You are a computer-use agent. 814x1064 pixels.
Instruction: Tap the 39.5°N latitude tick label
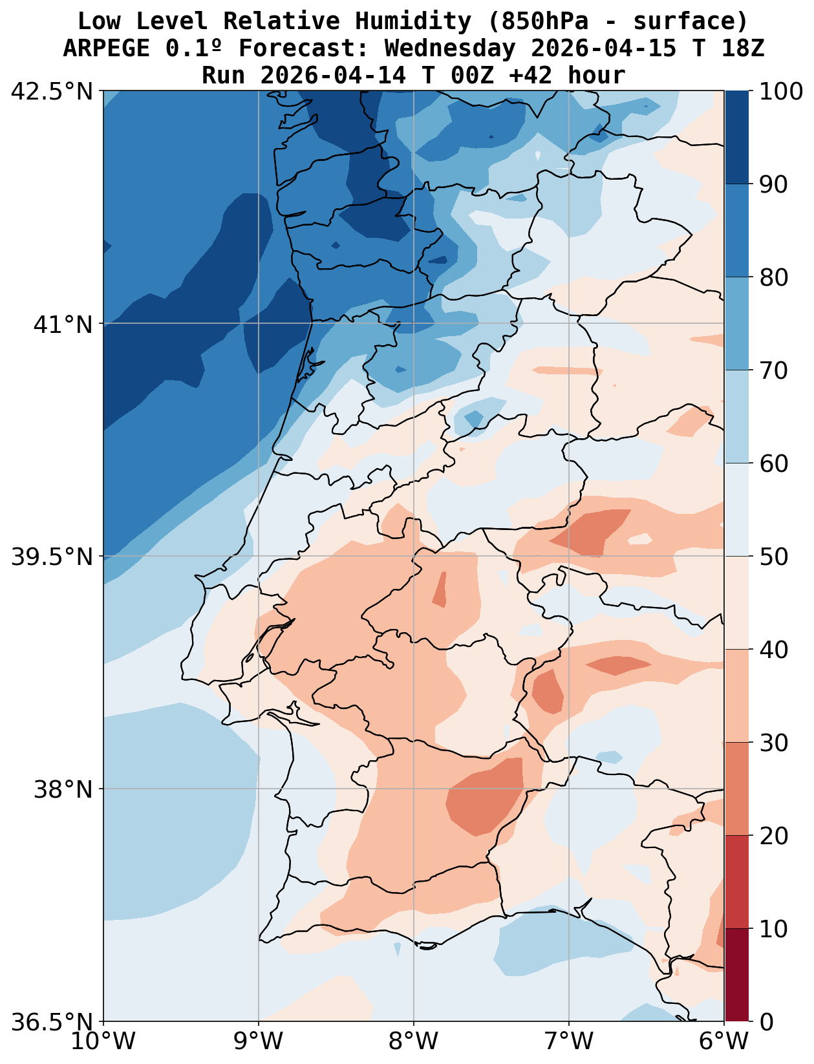coord(52,557)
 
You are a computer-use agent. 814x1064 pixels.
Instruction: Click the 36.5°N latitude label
coord(52,1022)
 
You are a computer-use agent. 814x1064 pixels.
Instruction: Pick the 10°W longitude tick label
coord(103,1042)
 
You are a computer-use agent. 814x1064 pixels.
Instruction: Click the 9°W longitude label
coord(259,1042)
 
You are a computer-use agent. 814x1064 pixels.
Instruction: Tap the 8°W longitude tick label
coord(414,1042)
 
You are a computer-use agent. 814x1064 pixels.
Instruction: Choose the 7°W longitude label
coord(569,1042)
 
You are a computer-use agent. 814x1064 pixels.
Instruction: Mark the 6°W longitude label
coord(724,1042)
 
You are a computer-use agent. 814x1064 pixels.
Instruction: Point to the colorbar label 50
coord(773,557)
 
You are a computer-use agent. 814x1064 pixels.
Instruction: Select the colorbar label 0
coord(766,1022)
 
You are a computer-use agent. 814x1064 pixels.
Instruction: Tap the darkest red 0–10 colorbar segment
coord(736,975)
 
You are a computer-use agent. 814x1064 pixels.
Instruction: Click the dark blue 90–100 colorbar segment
coord(736,137)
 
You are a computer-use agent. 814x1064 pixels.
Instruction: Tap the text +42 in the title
coord(531,76)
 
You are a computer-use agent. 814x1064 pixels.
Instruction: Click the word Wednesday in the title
coord(450,48)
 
